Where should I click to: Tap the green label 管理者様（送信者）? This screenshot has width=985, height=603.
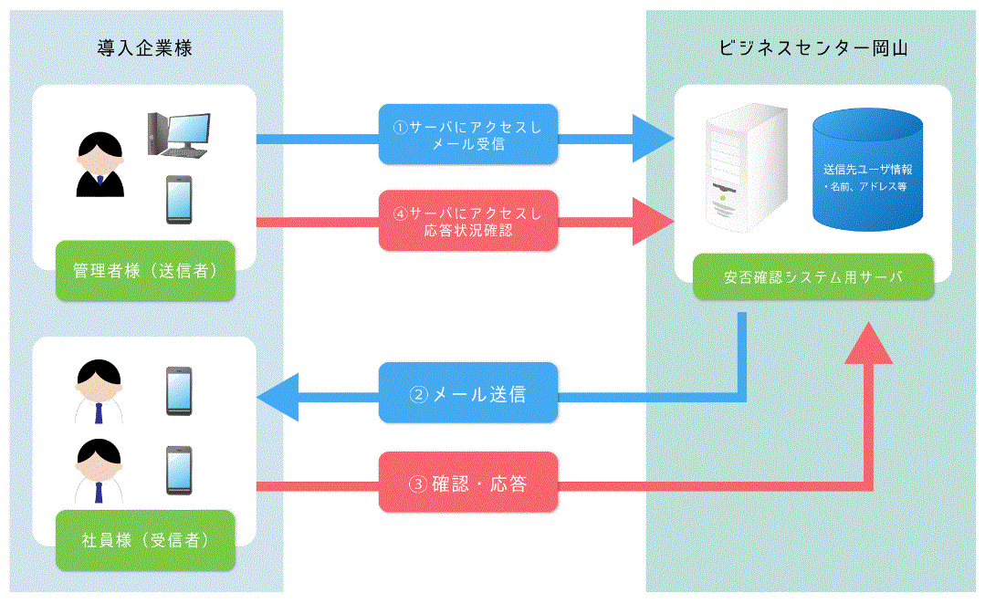coord(144,271)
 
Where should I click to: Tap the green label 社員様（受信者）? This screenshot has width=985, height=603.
coord(144,540)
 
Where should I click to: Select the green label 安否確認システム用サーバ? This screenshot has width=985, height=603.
coord(812,277)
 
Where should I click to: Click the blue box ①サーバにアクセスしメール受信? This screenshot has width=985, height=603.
coord(467,135)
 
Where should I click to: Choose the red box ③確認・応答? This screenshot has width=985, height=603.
coord(467,483)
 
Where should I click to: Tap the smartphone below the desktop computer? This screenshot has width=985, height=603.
coord(178,200)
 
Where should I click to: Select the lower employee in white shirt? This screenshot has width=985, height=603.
coord(99,471)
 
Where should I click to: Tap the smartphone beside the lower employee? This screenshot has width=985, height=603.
coord(178,471)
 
